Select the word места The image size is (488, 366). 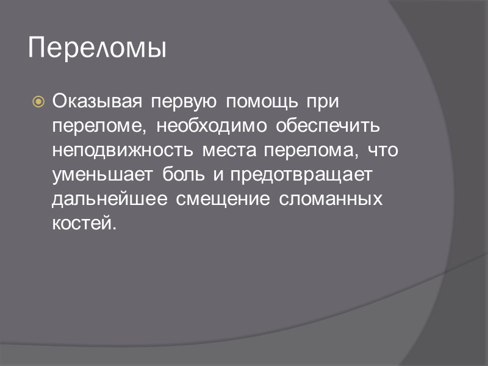tap(230, 150)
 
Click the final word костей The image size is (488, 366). tap(83, 223)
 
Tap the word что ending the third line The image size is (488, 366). tap(382, 150)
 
